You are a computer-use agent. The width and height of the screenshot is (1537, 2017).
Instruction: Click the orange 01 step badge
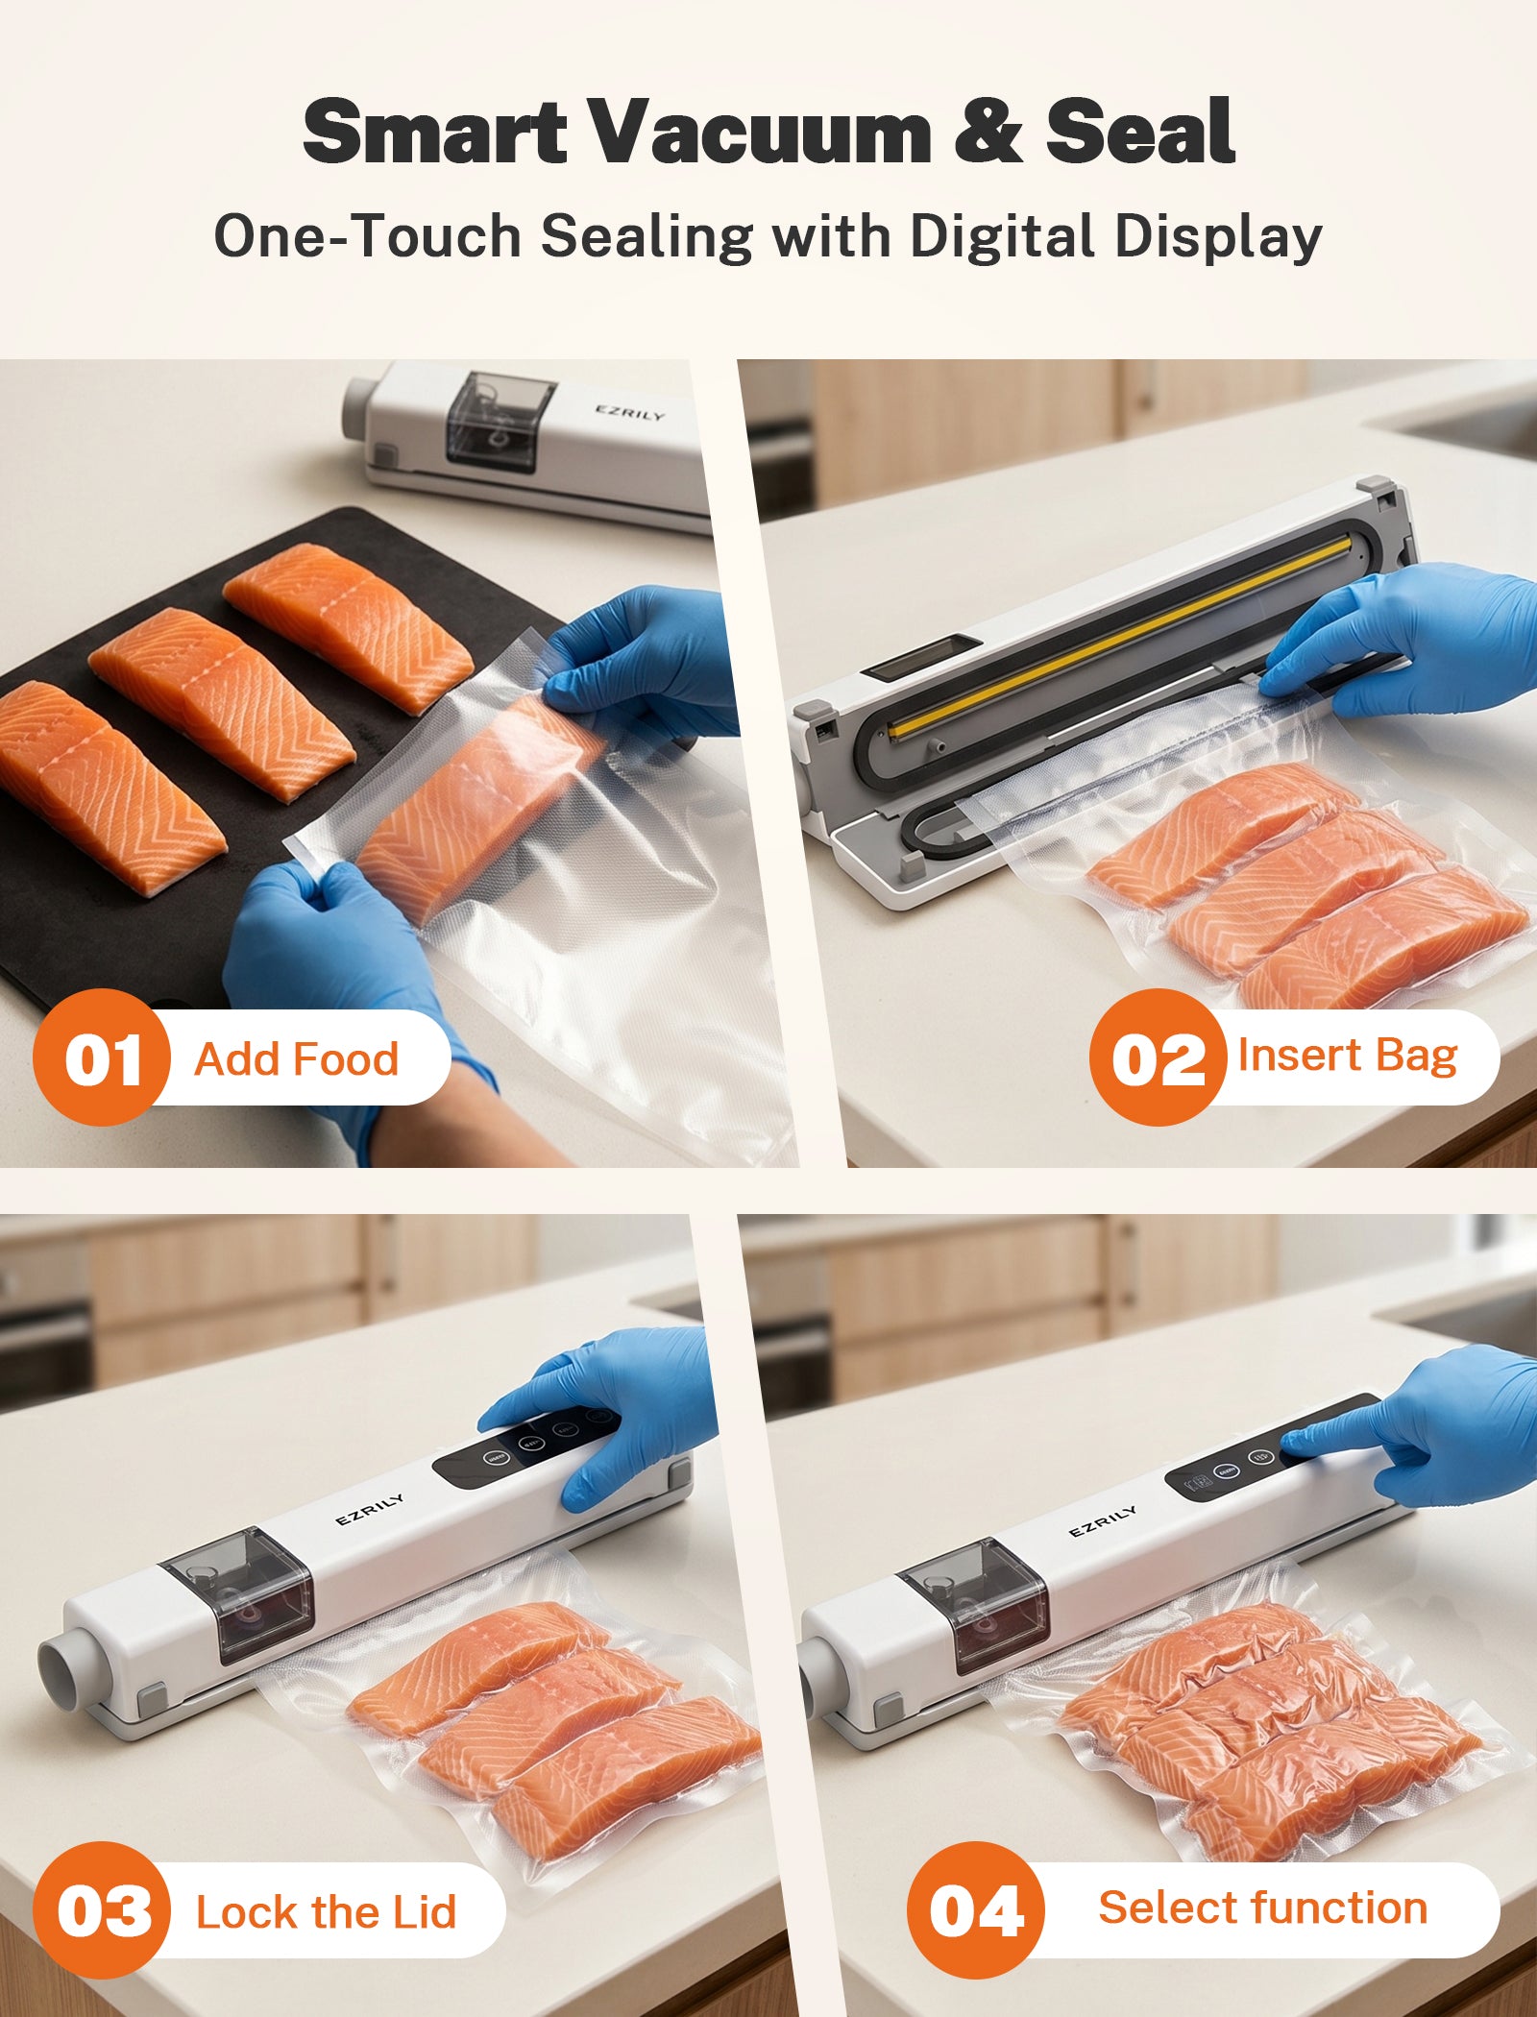click(x=102, y=1057)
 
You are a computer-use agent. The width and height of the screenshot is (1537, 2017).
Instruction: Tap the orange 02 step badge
click(x=1159, y=1057)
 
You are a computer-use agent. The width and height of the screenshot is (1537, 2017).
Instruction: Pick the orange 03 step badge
click(x=102, y=1910)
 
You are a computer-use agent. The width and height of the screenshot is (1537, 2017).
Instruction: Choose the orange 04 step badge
click(x=976, y=1910)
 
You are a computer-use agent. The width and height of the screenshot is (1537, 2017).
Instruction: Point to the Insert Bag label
click(x=1348, y=1057)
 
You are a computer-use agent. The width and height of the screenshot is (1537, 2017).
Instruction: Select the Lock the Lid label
click(x=326, y=1911)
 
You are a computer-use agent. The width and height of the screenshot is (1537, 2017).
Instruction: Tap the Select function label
click(x=1263, y=1908)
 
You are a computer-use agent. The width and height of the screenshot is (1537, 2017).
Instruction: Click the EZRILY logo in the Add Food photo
click(x=629, y=412)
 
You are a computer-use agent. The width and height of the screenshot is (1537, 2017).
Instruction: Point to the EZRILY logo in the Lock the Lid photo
click(x=370, y=1510)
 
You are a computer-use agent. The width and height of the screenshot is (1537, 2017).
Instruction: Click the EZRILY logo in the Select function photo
click(x=1103, y=1520)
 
